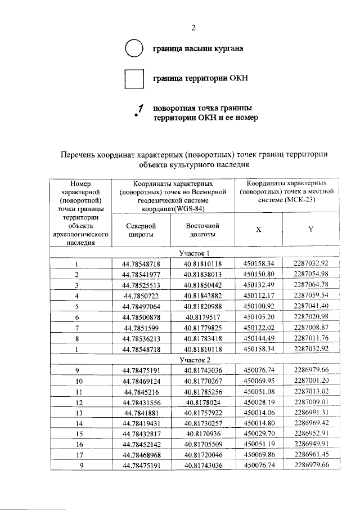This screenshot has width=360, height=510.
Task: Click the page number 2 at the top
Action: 193,29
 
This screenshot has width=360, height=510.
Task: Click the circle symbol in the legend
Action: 134,50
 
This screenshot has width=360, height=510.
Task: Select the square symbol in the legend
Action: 134,78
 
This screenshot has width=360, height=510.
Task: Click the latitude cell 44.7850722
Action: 142,295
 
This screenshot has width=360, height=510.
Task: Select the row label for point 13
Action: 79,413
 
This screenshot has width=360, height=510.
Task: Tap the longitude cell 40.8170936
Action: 202,434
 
